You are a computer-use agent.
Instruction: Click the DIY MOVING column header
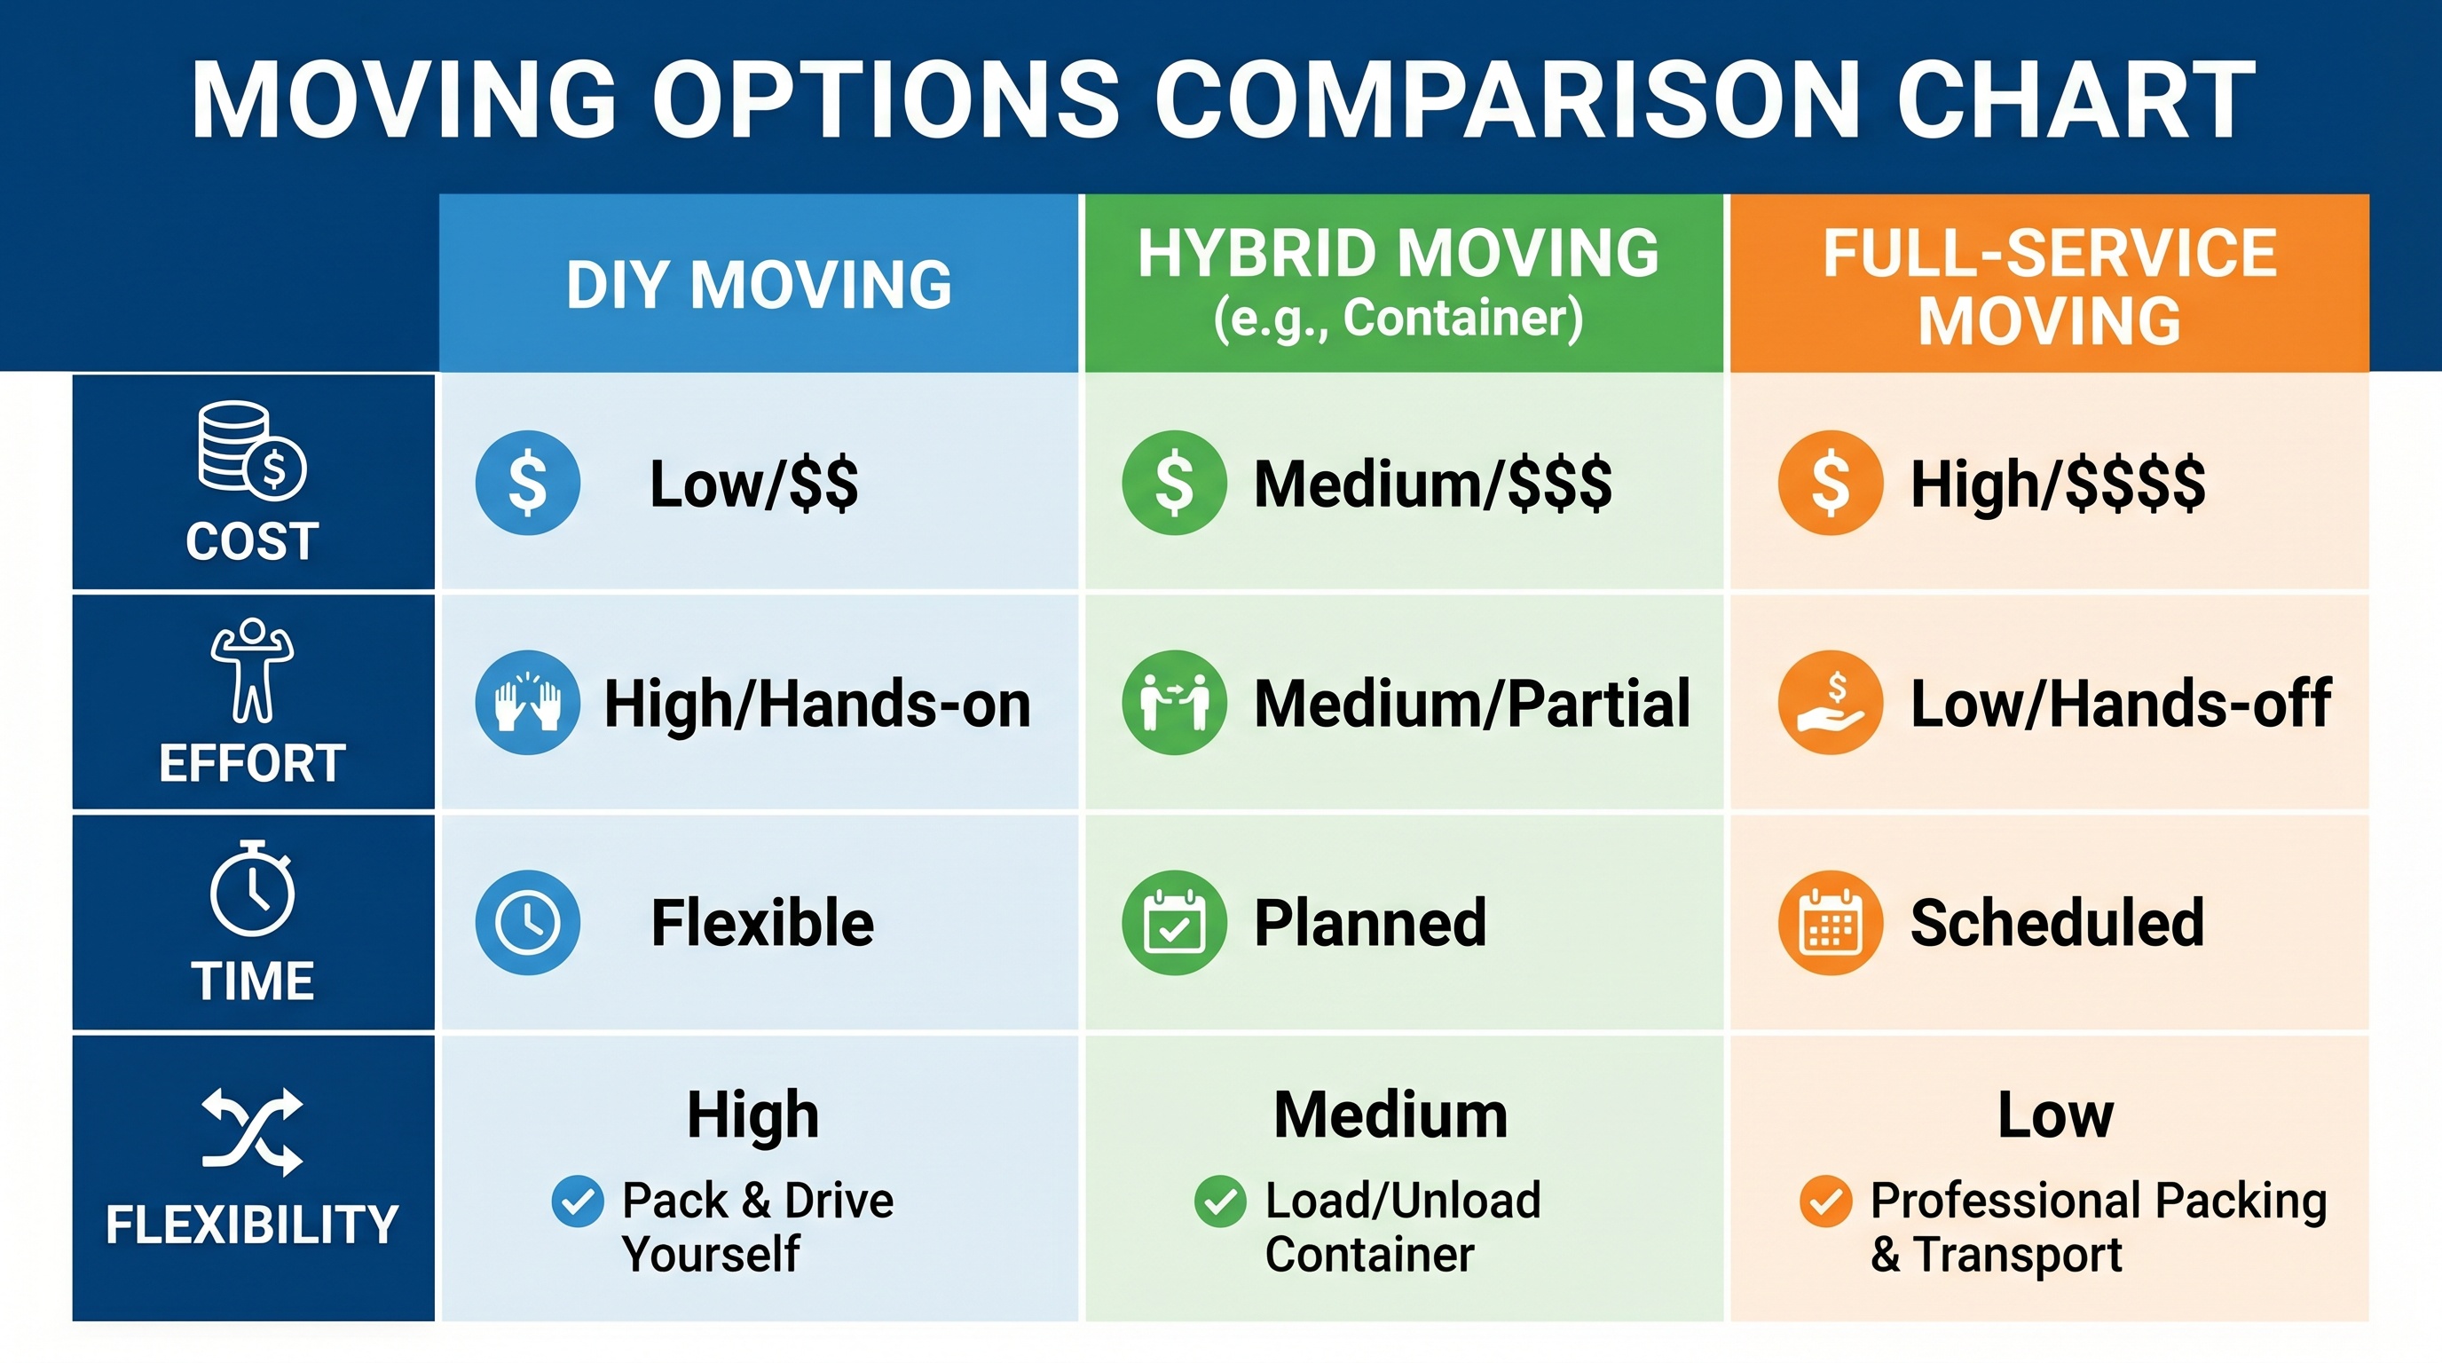pos(759,284)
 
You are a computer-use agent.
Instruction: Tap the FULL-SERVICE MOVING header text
pos(2050,288)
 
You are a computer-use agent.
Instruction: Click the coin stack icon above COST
pos(251,451)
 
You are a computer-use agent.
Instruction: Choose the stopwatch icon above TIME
pos(252,889)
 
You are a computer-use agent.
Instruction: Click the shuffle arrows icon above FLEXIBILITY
pos(252,1131)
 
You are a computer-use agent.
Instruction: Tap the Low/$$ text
pos(753,485)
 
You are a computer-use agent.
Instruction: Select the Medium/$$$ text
pos(1432,485)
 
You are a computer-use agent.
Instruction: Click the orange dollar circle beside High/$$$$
pos(1830,483)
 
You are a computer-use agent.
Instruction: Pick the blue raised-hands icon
pos(527,702)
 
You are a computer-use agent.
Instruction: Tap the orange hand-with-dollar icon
pos(1830,702)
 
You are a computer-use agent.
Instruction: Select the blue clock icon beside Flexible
pos(527,922)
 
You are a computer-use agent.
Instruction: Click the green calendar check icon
pos(1174,922)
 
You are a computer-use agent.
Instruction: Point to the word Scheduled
pos(2057,923)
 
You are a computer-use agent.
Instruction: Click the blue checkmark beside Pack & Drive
pos(578,1201)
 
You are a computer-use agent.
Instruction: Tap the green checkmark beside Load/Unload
pos(1220,1201)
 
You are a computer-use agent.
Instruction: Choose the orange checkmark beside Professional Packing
pos(1825,1201)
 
